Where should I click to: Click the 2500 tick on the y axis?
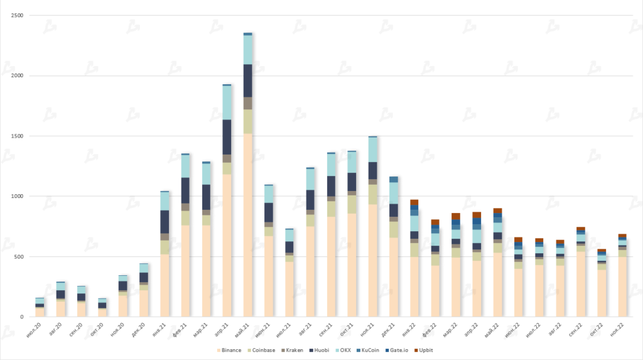pos(18,15)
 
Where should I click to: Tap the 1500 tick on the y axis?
pos(18,136)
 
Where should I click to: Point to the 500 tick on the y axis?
pos(19,256)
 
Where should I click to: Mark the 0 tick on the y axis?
pos(23,317)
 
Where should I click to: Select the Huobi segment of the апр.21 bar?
pos(227,137)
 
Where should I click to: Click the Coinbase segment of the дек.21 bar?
pos(394,229)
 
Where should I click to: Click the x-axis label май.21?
pos(244,329)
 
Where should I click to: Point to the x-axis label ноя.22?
pos(619,329)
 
